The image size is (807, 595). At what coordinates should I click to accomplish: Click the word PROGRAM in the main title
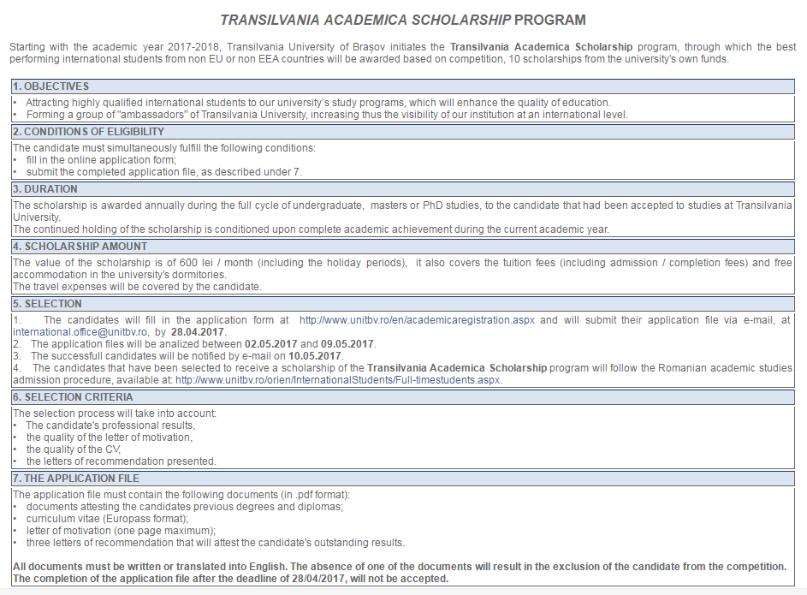pos(551,20)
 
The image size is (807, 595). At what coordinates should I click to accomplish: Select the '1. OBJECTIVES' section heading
pos(50,86)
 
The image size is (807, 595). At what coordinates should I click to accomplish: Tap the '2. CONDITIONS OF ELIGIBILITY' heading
pos(88,132)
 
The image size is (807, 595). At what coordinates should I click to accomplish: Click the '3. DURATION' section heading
pos(45,189)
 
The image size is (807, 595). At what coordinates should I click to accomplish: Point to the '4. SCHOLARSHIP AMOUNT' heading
pos(69,247)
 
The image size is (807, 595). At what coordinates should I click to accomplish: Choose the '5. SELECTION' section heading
pos(48,304)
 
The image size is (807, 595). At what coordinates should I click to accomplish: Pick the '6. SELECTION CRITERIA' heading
pos(74,397)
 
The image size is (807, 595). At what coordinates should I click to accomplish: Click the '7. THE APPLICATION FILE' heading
pos(76,479)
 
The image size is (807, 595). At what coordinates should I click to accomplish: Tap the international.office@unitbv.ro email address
pos(81,331)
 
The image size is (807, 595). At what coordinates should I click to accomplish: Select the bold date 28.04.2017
pos(198,331)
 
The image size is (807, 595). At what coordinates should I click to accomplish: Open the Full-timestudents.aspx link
pos(338,379)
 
